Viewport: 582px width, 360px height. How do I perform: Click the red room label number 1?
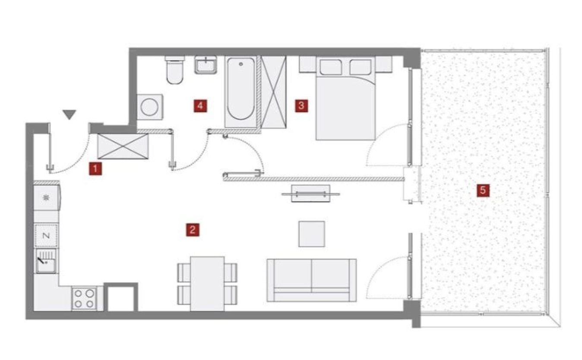pyautogui.click(x=95, y=169)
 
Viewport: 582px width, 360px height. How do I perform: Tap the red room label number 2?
pyautogui.click(x=193, y=230)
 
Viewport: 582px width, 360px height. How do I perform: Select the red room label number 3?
pyautogui.click(x=301, y=106)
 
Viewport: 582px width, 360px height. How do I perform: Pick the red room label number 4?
pyautogui.click(x=200, y=106)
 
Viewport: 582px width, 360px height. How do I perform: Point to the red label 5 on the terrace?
pyautogui.click(x=483, y=190)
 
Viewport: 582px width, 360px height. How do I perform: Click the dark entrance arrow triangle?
pyautogui.click(x=70, y=114)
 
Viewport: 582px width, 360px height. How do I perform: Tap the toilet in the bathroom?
pyautogui.click(x=175, y=69)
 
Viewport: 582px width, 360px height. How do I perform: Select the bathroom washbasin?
pyautogui.click(x=206, y=65)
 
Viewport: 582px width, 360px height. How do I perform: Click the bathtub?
pyautogui.click(x=240, y=92)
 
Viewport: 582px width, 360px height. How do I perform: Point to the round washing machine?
pyautogui.click(x=150, y=107)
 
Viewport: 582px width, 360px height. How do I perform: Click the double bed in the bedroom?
pyautogui.click(x=346, y=98)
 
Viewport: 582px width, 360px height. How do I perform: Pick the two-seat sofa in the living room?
pyautogui.click(x=312, y=280)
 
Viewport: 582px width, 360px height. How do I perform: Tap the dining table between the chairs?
pyautogui.click(x=207, y=284)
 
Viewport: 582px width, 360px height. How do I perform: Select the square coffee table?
pyautogui.click(x=312, y=234)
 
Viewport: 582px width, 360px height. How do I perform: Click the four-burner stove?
pyautogui.click(x=84, y=298)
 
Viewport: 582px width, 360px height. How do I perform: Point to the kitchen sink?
pyautogui.click(x=46, y=261)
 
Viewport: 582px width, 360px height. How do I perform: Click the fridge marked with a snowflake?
pyautogui.click(x=47, y=198)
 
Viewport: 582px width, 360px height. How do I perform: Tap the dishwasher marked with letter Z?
pyautogui.click(x=46, y=236)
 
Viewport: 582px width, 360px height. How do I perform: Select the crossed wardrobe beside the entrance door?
pyautogui.click(x=123, y=146)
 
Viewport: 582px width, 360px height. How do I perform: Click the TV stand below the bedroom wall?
pyautogui.click(x=311, y=193)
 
